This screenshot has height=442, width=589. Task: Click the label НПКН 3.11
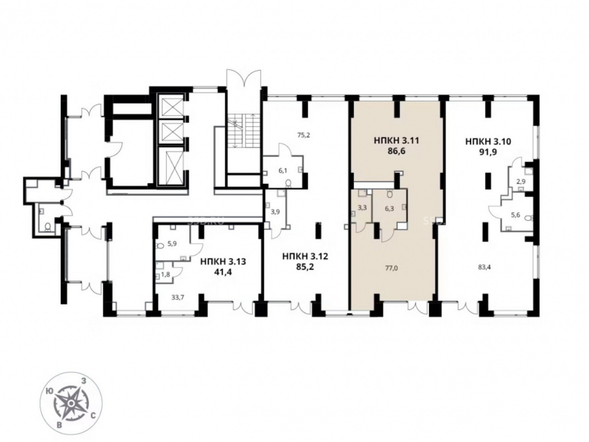point(396,141)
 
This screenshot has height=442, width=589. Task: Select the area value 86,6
point(396,151)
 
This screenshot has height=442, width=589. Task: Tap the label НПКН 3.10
point(488,141)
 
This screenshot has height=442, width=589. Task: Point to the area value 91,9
point(488,152)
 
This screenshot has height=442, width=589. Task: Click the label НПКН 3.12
point(305,257)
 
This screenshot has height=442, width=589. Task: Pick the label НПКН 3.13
point(223,261)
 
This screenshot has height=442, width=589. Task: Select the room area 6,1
point(283,170)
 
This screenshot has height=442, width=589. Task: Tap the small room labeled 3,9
point(275,212)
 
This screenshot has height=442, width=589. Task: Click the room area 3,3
point(362,207)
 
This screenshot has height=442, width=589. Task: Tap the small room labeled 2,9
point(521,182)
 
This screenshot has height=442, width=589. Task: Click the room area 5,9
point(172,243)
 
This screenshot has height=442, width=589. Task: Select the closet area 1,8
point(166,275)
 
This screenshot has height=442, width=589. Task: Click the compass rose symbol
point(71,403)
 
